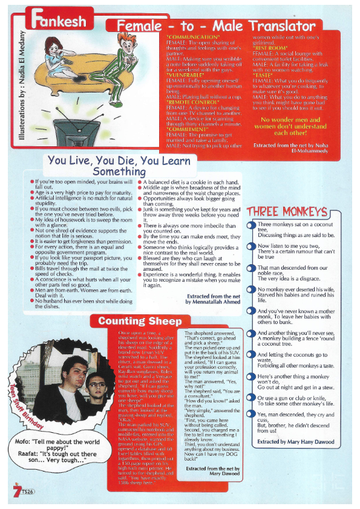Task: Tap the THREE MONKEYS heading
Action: (287, 212)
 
